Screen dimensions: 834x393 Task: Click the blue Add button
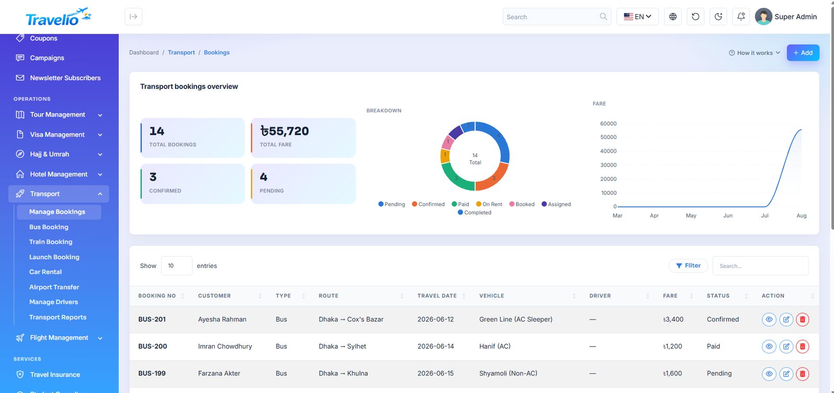(803, 53)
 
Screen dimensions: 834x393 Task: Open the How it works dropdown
(754, 53)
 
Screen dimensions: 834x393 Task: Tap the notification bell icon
(741, 17)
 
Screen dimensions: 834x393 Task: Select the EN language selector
(637, 17)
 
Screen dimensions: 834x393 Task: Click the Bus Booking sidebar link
(49, 227)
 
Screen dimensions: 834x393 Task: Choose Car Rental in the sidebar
(45, 272)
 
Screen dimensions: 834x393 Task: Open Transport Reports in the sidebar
(58, 317)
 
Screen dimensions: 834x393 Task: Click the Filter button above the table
(688, 265)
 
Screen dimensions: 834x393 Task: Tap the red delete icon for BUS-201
(802, 320)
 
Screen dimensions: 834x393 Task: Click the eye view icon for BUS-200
(769, 347)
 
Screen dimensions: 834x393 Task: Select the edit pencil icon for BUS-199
(786, 374)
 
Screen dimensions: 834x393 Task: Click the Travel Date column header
(437, 296)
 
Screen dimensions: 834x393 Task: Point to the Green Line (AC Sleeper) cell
(516, 320)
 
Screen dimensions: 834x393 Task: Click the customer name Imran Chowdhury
(225, 347)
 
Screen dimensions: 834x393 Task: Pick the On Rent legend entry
(489, 204)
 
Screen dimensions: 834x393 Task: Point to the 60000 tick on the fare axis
(608, 123)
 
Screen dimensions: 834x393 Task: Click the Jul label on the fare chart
(764, 215)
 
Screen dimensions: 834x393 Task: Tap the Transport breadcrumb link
(181, 53)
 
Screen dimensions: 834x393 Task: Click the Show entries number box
(177, 266)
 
